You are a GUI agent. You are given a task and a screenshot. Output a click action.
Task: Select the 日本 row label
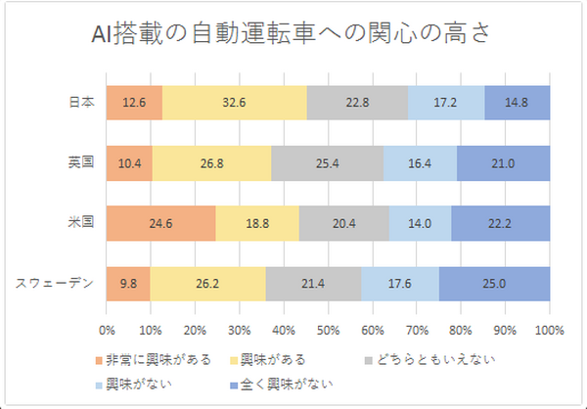(80, 102)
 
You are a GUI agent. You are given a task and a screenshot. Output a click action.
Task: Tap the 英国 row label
(80, 162)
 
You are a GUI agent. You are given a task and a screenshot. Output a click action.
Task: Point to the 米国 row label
(80, 223)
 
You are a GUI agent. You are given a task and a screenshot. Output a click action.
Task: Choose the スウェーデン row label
(55, 284)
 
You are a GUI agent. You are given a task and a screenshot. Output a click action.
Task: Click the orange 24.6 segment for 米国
(160, 223)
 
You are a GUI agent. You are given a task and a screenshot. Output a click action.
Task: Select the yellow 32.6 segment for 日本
(235, 102)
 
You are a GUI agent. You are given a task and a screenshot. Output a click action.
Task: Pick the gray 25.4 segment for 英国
(327, 162)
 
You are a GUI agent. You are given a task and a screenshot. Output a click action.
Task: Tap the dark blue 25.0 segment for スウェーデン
(494, 284)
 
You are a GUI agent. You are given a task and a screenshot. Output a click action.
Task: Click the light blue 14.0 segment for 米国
(420, 223)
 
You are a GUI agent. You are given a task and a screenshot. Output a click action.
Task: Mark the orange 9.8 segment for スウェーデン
(128, 284)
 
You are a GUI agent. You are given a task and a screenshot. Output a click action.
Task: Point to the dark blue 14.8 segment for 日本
(517, 102)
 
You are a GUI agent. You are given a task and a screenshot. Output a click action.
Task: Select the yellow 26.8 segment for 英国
(212, 162)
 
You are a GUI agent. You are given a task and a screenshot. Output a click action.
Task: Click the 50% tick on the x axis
(329, 329)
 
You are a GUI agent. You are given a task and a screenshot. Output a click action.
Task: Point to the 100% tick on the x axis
(550, 329)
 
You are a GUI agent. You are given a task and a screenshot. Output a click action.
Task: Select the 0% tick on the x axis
(108, 329)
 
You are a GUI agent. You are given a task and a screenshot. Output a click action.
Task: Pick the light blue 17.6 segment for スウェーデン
(399, 284)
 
